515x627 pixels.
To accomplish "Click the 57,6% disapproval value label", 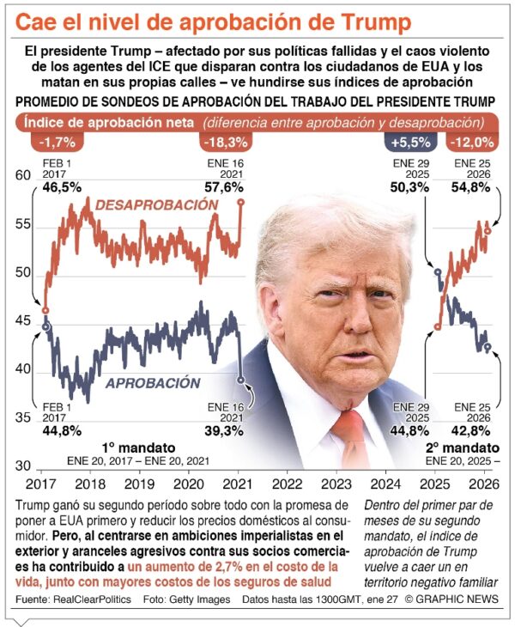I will pos(226,186).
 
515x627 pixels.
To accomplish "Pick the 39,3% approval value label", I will pos(226,431).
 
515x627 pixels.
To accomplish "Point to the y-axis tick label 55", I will pos(23,224).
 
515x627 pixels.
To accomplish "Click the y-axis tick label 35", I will pos(23,418).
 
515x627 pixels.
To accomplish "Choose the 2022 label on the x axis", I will pos(285,484).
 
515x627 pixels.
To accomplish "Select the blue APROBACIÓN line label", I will pos(153,384).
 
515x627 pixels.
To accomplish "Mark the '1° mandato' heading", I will pos(138,447).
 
